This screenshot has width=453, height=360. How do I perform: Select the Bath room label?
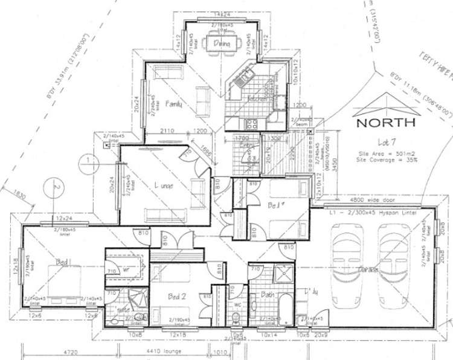[269, 295]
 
